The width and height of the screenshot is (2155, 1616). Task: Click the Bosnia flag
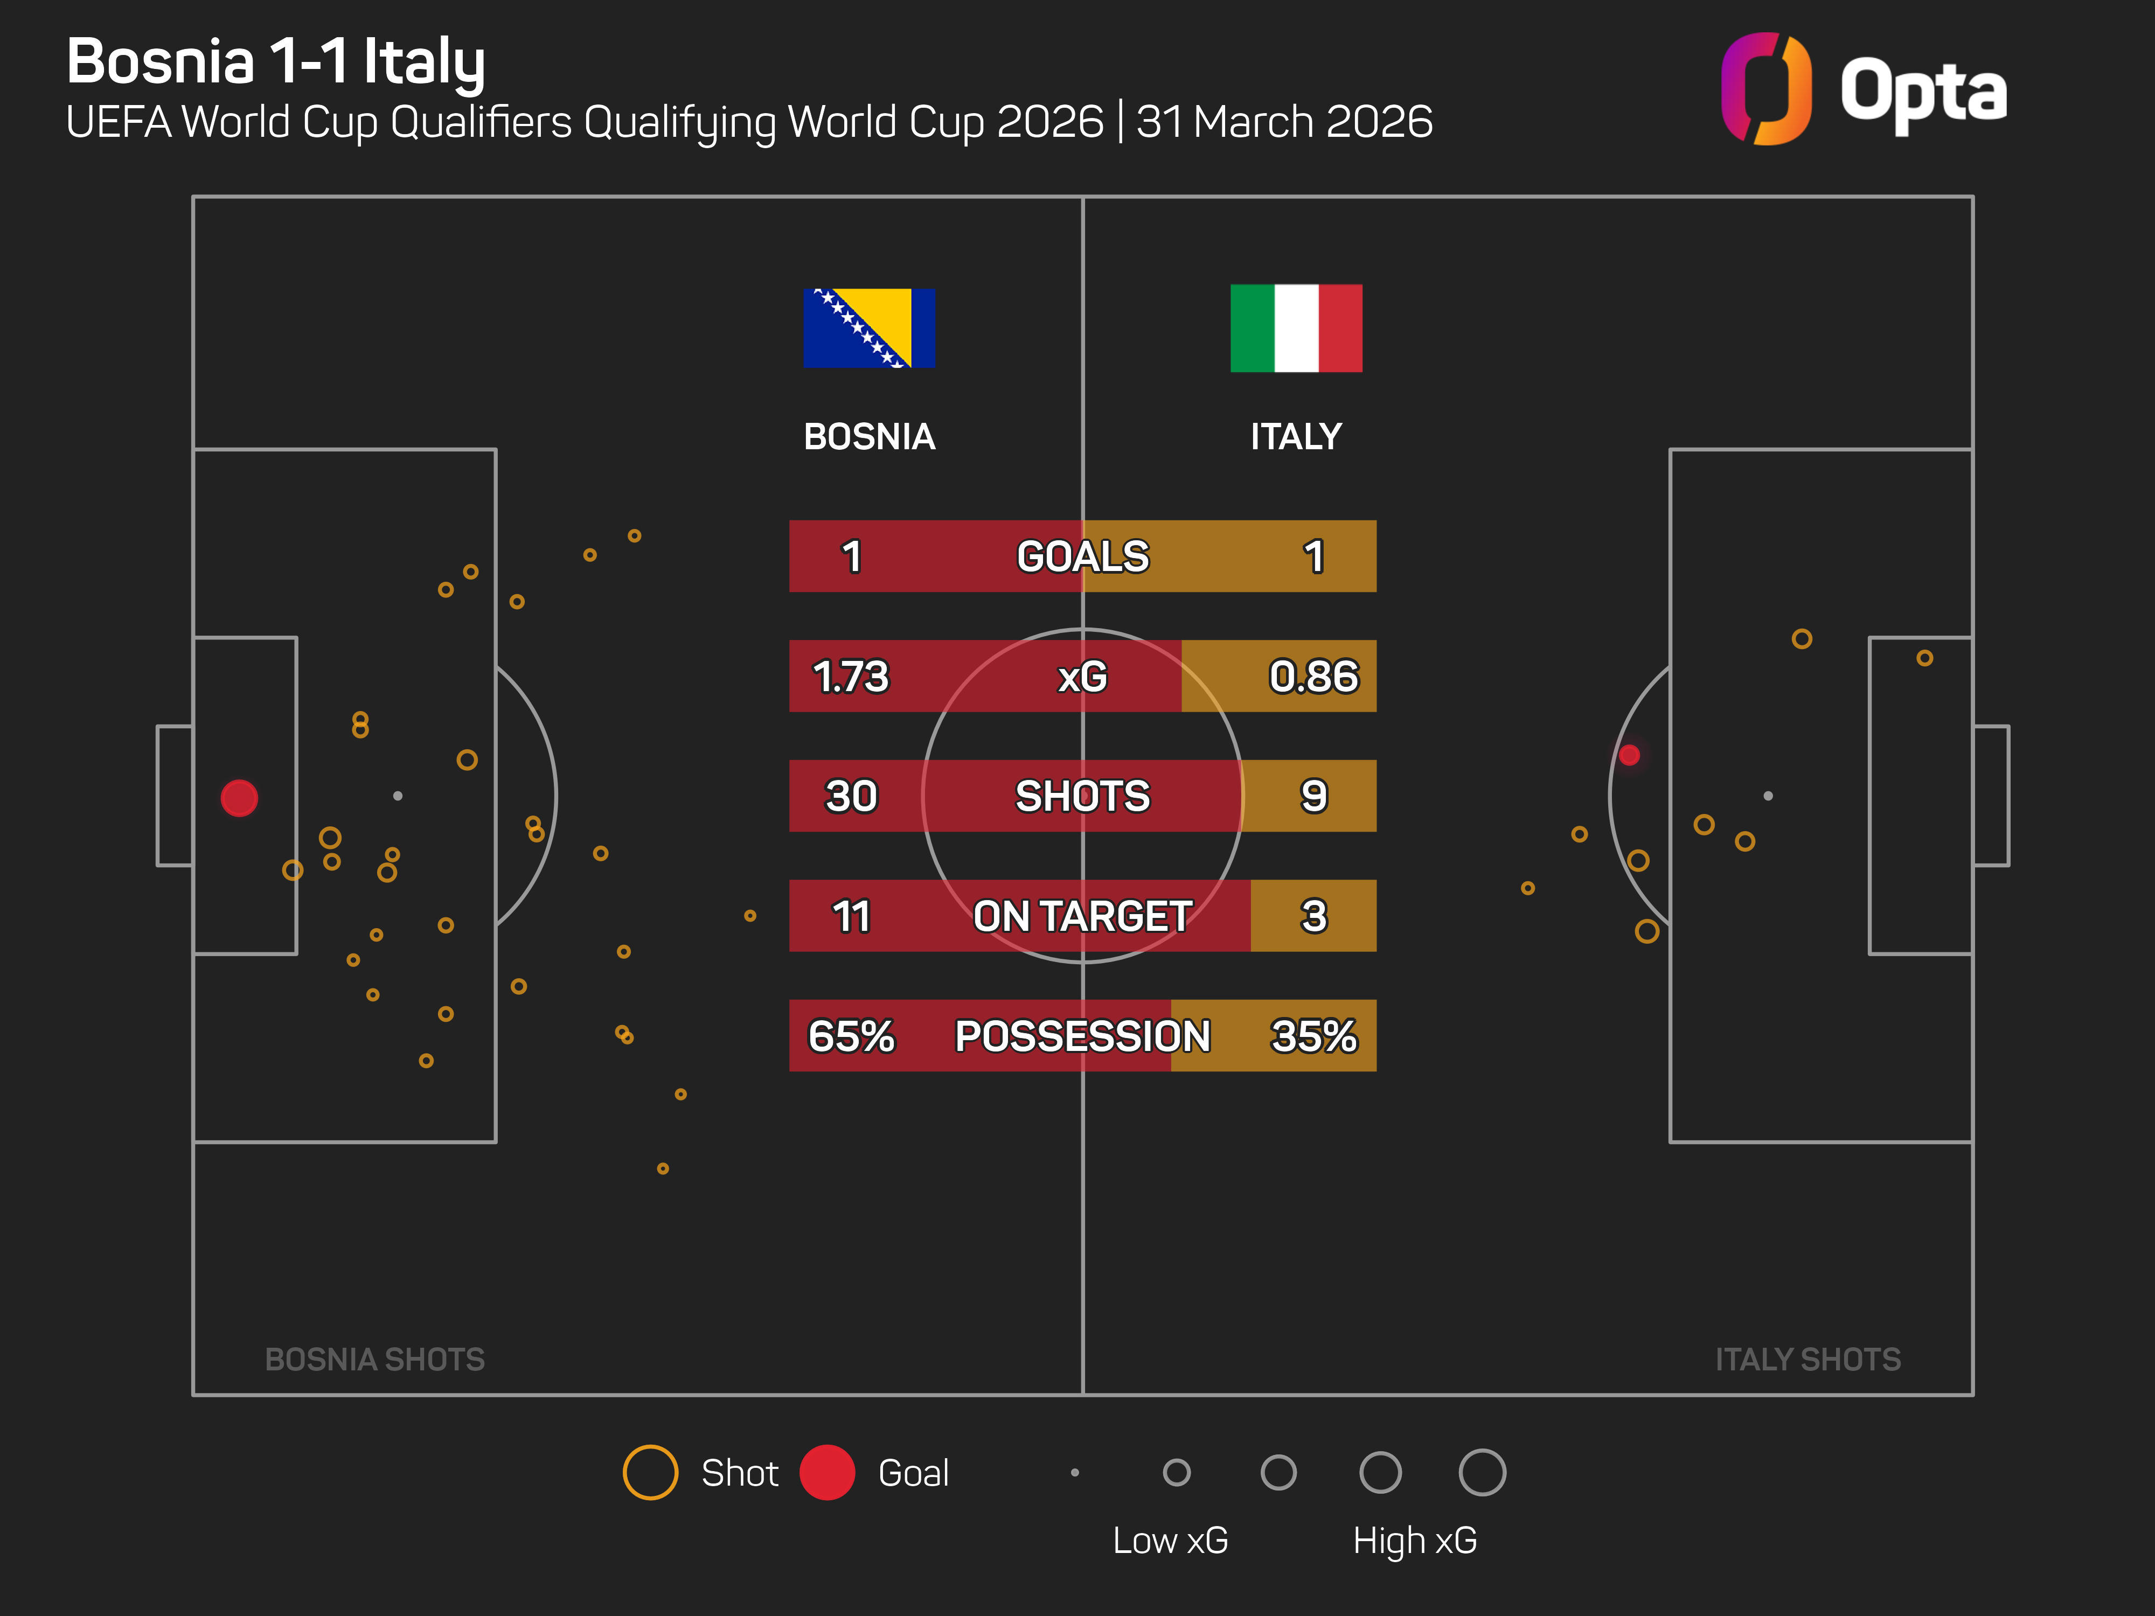point(869,328)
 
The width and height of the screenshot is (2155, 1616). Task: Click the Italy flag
point(1296,328)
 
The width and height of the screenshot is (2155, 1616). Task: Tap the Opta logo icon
point(1765,89)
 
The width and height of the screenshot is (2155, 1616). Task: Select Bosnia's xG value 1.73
point(851,676)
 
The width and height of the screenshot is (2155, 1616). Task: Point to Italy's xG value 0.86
point(1313,676)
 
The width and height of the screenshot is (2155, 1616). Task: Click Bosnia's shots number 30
point(851,796)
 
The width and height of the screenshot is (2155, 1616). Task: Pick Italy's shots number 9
point(1313,796)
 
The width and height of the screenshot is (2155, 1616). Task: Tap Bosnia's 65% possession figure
point(851,1035)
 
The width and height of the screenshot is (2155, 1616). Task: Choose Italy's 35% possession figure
point(1313,1035)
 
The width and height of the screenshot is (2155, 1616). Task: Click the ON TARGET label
point(1082,916)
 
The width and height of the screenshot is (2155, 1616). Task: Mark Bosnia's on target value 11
point(851,916)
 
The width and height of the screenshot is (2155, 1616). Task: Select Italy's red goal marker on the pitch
point(1629,755)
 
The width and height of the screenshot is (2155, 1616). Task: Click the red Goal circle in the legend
point(827,1472)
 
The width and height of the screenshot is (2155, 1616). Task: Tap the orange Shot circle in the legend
point(650,1472)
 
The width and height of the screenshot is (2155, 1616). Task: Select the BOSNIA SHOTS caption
point(375,1359)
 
